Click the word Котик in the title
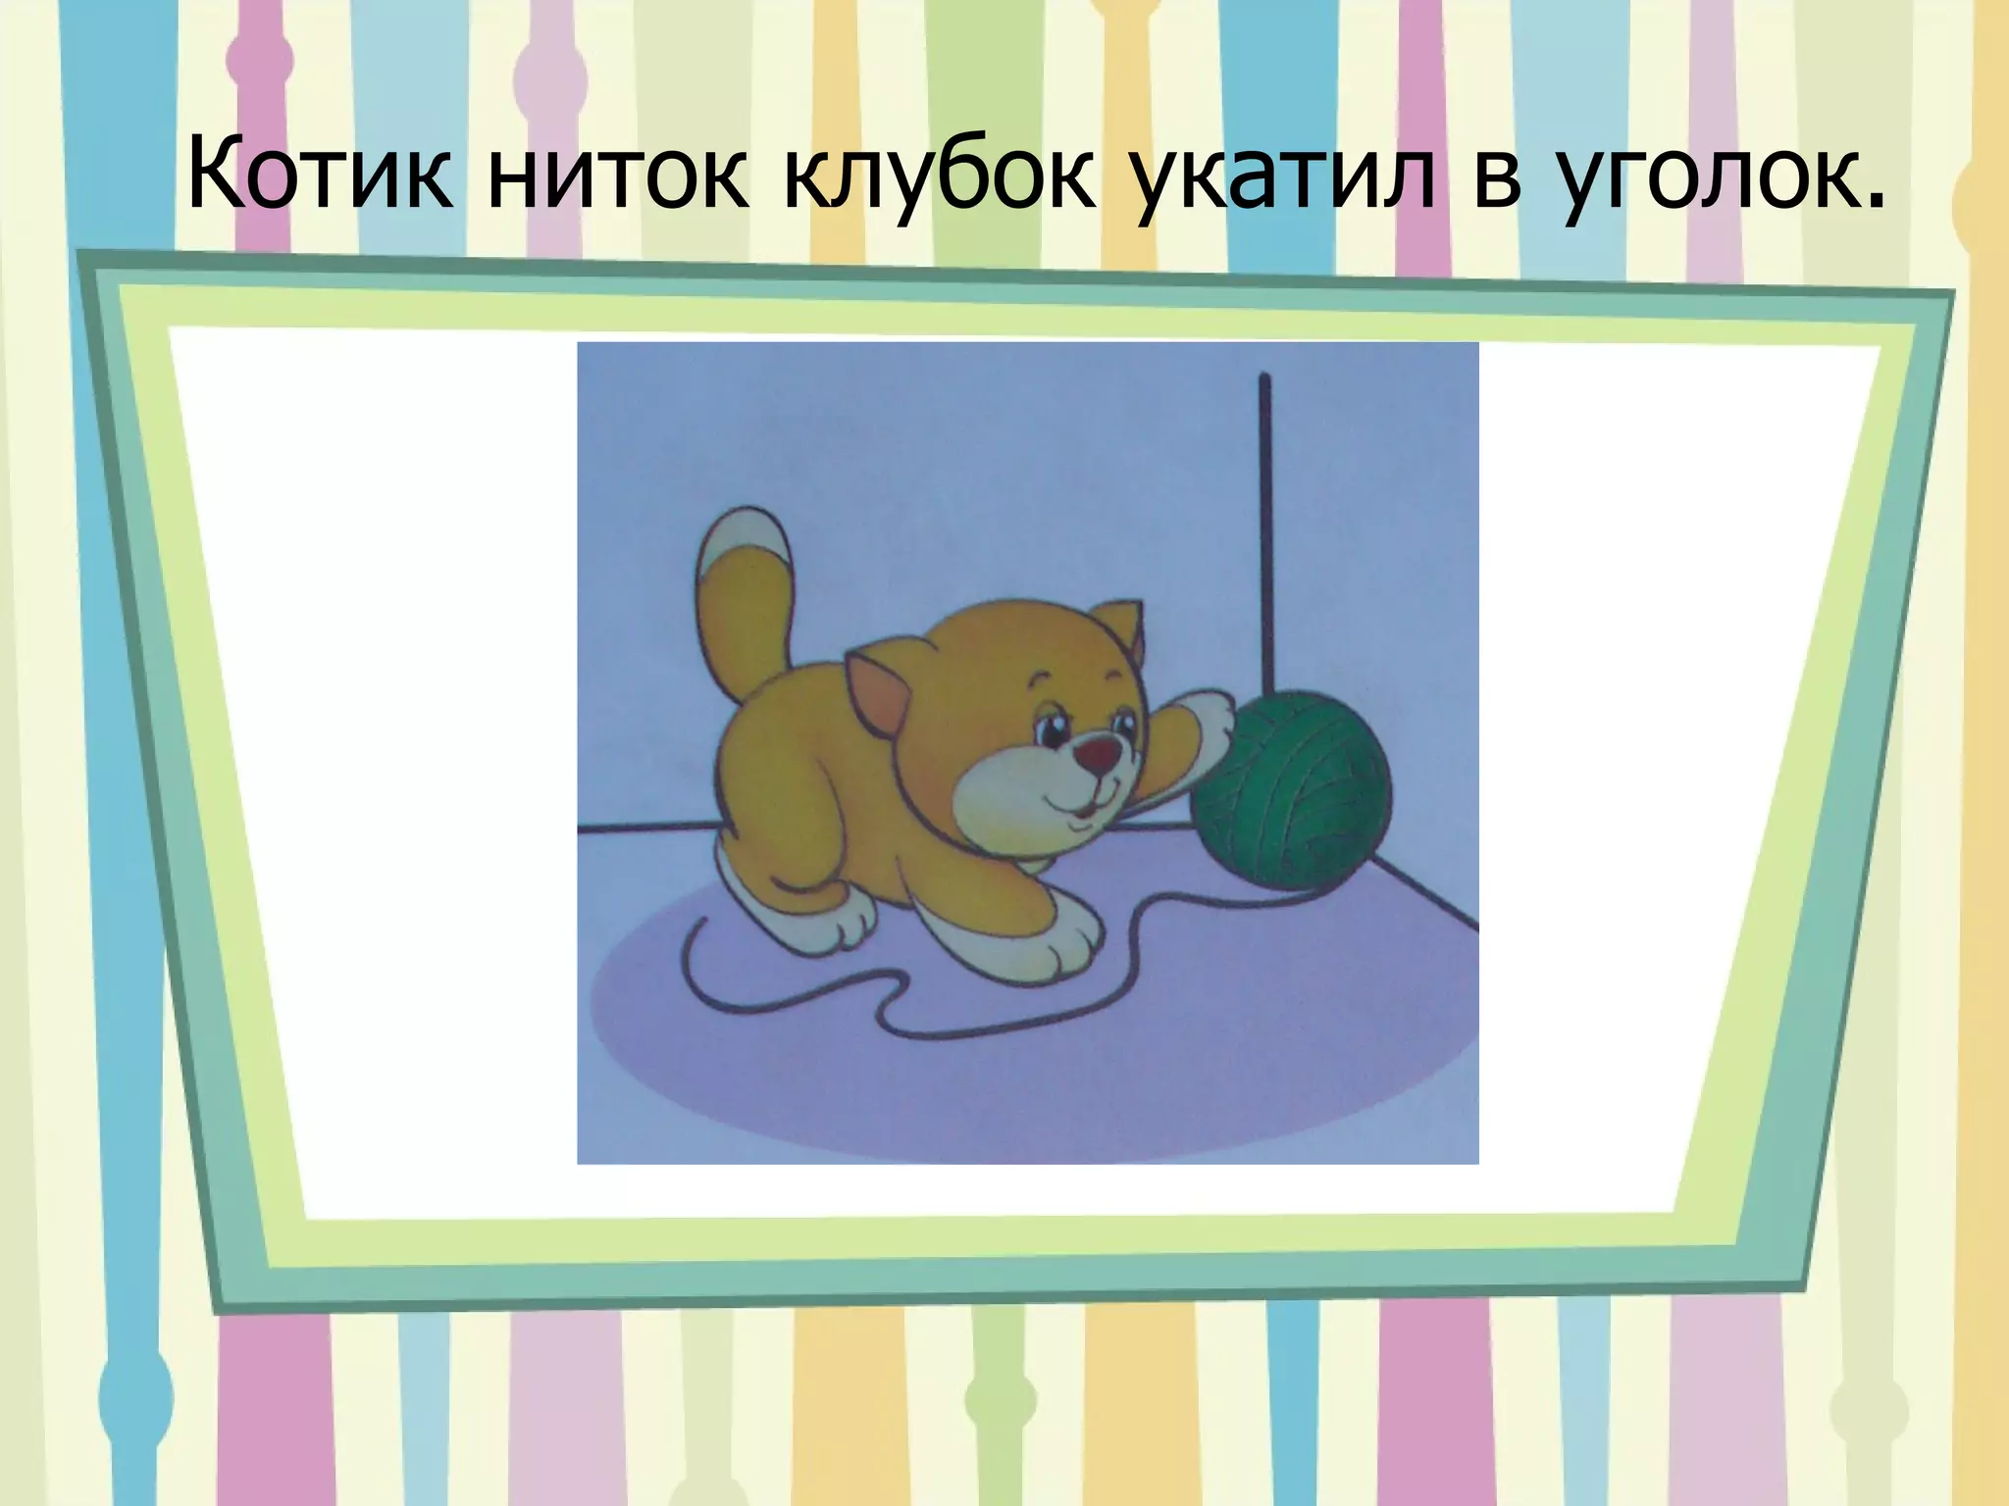[320, 178]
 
